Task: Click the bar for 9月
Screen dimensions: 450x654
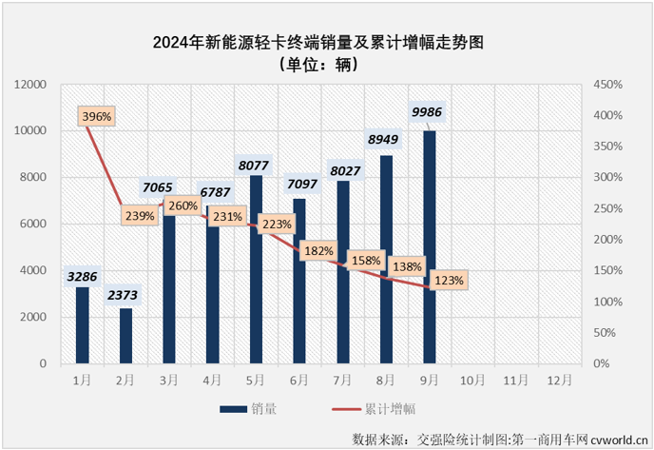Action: [x=430, y=247]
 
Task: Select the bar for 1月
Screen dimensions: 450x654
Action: [x=83, y=325]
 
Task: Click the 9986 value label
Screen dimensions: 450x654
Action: [x=429, y=113]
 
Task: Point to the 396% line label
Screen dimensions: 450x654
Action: [x=97, y=116]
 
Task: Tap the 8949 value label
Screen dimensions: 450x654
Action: [x=386, y=138]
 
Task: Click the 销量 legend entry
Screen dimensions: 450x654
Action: [x=252, y=409]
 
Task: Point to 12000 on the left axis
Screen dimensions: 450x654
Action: [x=29, y=85]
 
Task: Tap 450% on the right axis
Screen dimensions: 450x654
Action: [x=607, y=85]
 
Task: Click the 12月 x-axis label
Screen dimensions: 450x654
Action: [x=559, y=379]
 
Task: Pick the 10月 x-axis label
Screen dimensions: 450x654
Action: [x=472, y=379]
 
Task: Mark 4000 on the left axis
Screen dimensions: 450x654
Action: [x=33, y=271]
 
